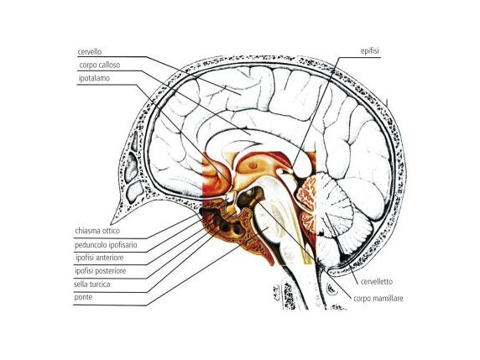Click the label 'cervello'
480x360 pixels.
pyautogui.click(x=90, y=52)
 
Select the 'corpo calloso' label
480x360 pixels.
pyautogui.click(x=100, y=65)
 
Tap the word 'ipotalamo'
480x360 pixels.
pyautogui.click(x=94, y=78)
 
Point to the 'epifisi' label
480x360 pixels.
pyautogui.click(x=369, y=51)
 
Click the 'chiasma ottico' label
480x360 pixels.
pyautogui.click(x=97, y=231)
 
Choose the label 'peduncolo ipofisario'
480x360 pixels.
pyautogui.click(x=106, y=245)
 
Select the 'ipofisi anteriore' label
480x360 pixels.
pyautogui.click(x=100, y=258)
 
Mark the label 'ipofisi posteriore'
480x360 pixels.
pyautogui.click(x=101, y=271)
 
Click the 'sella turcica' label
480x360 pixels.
pyautogui.click(x=91, y=284)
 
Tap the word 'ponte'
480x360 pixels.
pyautogui.click(x=83, y=297)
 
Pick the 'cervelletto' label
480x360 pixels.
pyautogui.click(x=376, y=281)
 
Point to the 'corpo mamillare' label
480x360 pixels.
pyautogui.click(x=378, y=298)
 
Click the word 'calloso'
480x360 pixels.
pyautogui.click(x=109, y=65)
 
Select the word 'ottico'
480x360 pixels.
pyautogui.click(x=111, y=231)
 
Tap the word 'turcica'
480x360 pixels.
pyautogui.click(x=100, y=284)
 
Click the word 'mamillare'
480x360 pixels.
pyautogui.click(x=389, y=298)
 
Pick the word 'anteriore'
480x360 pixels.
pyautogui.click(x=111, y=258)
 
